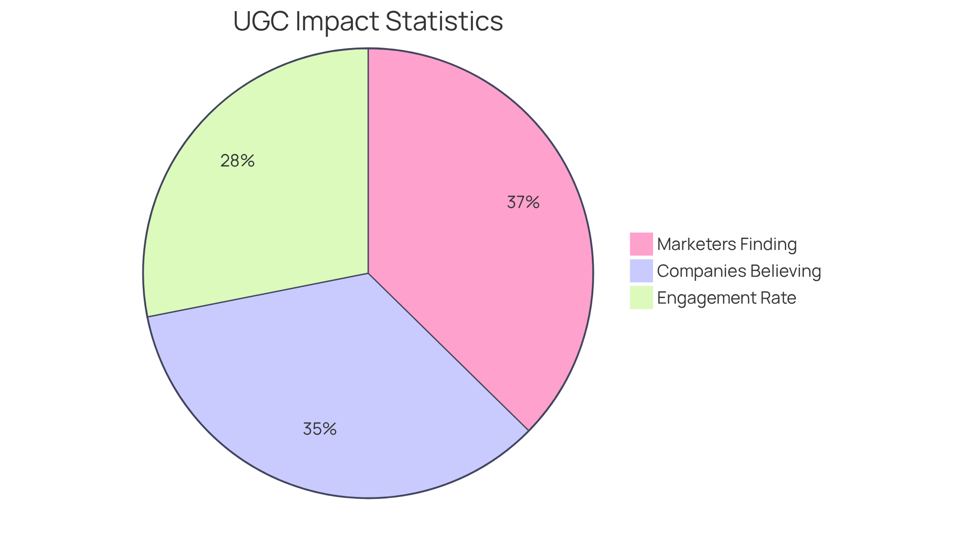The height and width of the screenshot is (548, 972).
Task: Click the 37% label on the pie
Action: pos(523,202)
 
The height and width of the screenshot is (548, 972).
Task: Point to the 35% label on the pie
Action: pos(319,429)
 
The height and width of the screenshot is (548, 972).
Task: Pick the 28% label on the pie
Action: pos(237,161)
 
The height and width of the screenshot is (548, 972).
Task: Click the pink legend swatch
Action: pos(641,244)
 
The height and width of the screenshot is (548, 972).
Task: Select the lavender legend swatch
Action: pos(641,271)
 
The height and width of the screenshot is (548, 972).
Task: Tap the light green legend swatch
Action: pos(641,298)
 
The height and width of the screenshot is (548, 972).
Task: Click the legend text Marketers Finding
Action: pos(726,244)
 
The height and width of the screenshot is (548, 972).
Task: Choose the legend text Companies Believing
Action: pos(739,271)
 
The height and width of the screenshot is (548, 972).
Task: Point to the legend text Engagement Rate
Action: pos(726,298)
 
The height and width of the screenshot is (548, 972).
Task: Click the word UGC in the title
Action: pos(261,21)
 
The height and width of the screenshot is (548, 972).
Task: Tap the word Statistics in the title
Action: pos(444,21)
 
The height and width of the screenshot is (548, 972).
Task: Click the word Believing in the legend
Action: pos(785,271)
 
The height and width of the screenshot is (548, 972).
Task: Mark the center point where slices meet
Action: pos(368,273)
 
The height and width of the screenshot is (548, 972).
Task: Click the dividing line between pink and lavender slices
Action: pos(448,352)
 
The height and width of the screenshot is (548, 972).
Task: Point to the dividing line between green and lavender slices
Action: pos(258,295)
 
